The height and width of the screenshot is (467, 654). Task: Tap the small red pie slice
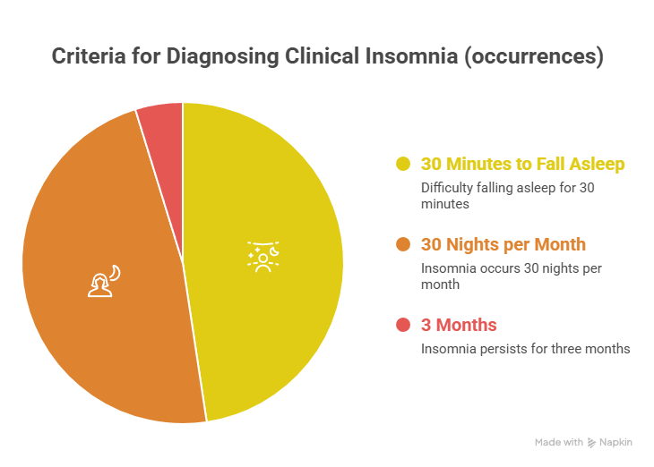[162, 121]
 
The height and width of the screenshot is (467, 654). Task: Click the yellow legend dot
[403, 165]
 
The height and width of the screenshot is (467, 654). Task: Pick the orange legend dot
[403, 244]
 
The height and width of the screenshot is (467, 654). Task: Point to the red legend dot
[403, 324]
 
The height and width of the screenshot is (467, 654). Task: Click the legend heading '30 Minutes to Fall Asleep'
[522, 165]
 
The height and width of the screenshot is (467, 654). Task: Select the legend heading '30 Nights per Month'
[503, 244]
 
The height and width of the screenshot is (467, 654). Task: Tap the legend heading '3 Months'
[459, 324]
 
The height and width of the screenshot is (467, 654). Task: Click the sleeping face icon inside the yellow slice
[263, 255]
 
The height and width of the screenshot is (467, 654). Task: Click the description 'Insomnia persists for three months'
[526, 348]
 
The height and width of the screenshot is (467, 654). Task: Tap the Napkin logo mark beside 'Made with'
[591, 443]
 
